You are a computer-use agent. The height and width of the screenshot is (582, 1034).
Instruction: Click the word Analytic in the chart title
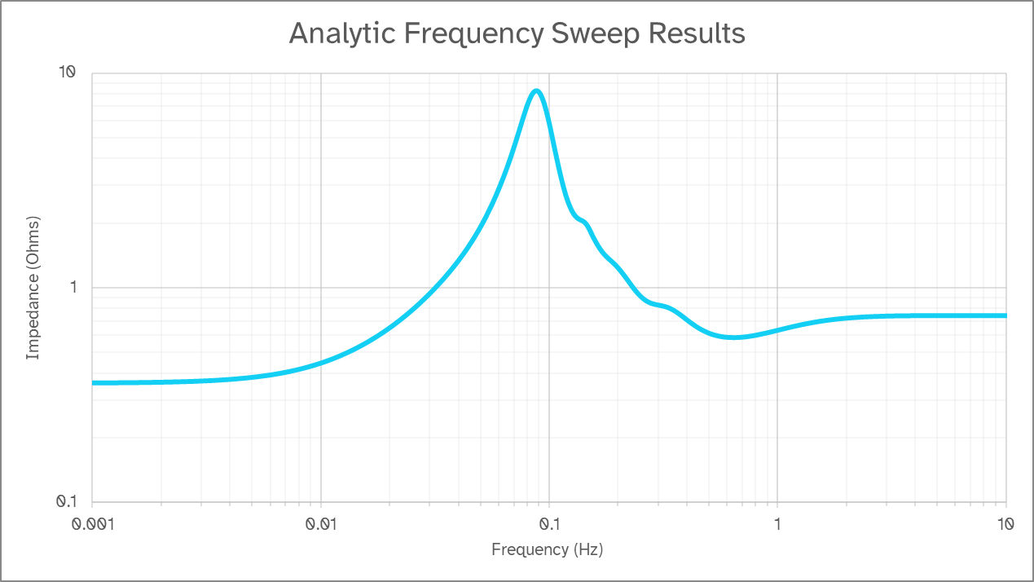337,33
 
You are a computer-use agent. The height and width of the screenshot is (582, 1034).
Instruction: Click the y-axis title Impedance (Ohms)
33,288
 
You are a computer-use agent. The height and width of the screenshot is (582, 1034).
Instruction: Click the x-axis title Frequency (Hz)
547,549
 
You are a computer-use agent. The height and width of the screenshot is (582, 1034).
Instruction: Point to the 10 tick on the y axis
65,73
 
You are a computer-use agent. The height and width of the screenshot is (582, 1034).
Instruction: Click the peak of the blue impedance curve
536,90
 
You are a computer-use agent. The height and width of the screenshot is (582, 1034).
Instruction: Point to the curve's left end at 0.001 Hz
93,382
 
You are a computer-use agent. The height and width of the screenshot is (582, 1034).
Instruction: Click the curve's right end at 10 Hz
1005,315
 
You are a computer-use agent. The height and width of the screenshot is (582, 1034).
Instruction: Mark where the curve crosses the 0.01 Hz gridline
321,362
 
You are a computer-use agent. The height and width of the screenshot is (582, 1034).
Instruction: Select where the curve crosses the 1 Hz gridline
777,330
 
